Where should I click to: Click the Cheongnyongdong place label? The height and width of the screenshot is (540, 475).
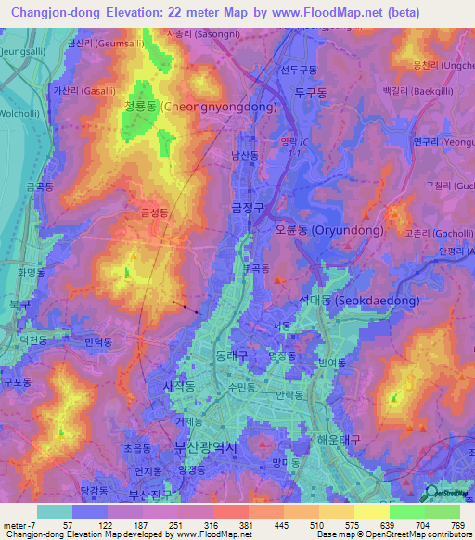point(199,107)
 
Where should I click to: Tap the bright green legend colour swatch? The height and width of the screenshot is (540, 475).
point(407,511)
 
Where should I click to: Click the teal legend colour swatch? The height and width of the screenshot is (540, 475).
point(55,511)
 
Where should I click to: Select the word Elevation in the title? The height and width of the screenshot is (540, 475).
point(139,12)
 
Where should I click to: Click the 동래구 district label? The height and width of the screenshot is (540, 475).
point(230,354)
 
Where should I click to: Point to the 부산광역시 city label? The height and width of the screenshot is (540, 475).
point(206,447)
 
